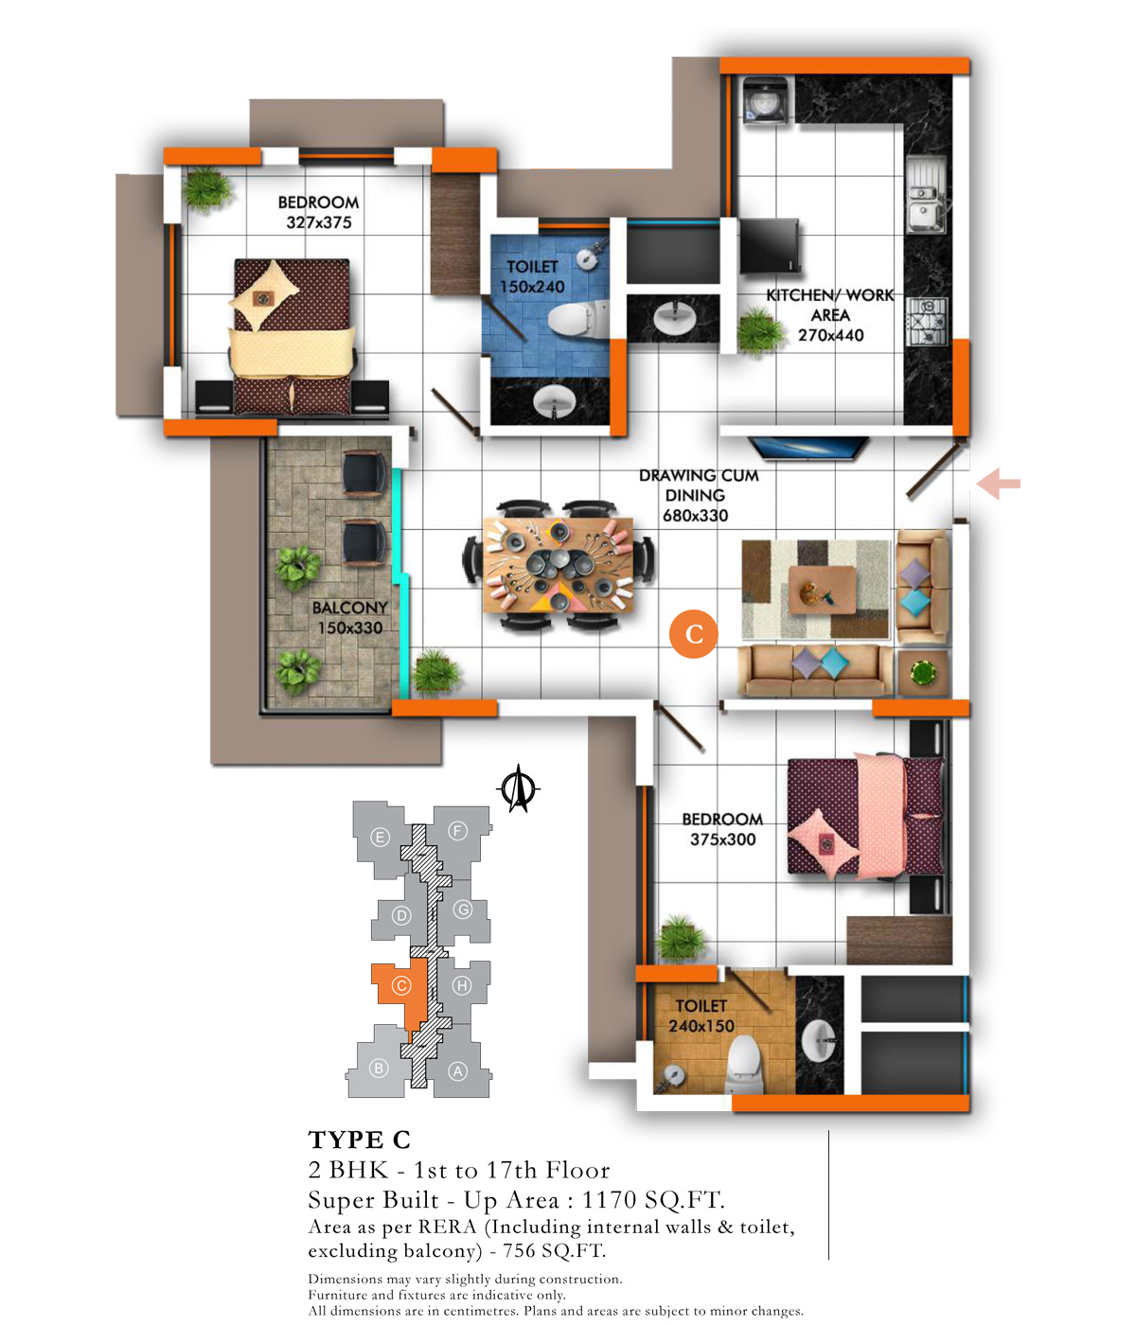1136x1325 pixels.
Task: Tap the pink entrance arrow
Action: tap(998, 484)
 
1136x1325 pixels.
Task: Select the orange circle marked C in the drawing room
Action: tap(693, 634)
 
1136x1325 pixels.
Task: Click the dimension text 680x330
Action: tap(695, 516)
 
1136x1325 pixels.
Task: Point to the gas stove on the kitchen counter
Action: tap(926, 323)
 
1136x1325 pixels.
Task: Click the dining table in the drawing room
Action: tap(558, 565)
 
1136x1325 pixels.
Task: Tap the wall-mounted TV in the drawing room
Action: tap(808, 448)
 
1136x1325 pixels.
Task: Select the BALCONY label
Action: tap(349, 607)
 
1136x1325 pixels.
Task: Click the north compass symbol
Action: tap(518, 788)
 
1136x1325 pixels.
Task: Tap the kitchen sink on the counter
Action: tap(925, 193)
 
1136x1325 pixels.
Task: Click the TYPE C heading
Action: tap(359, 1139)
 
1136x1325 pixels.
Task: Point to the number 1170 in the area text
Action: tap(609, 1199)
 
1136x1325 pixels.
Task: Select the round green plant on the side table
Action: tap(922, 673)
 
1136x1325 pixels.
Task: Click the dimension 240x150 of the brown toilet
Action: tap(701, 1026)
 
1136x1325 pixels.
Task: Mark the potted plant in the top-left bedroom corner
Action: tap(205, 189)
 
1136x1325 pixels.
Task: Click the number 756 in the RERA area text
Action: tap(519, 1250)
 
